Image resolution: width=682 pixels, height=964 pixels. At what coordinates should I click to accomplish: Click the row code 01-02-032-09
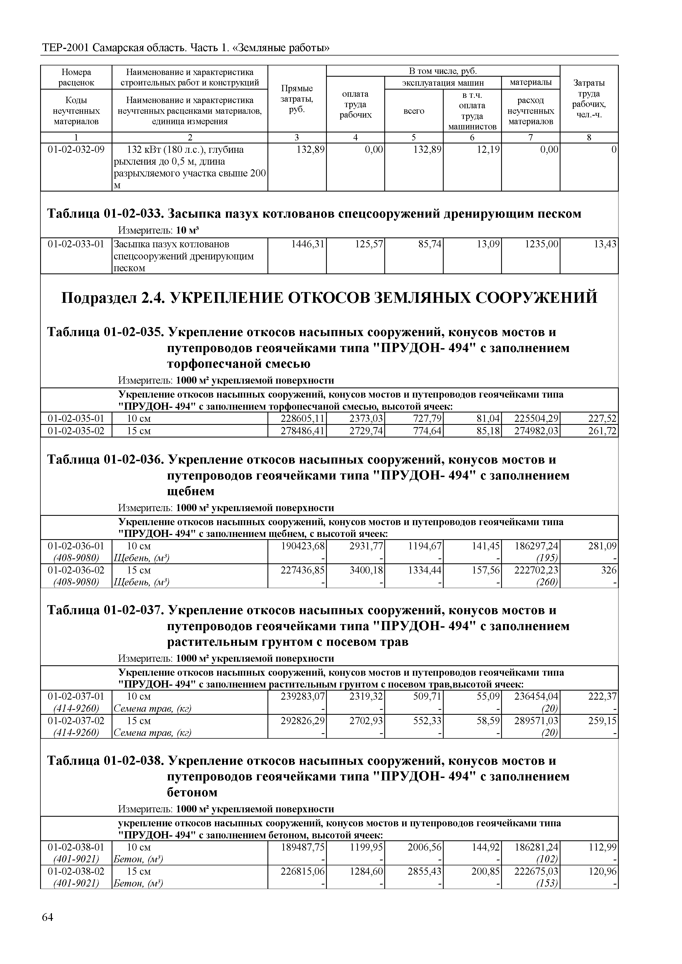[x=76, y=149]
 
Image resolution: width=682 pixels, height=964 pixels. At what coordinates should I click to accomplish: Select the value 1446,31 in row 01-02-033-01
[x=308, y=244]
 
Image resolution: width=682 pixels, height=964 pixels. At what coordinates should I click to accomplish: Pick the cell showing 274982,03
[x=537, y=431]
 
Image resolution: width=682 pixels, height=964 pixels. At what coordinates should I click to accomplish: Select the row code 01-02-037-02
[x=76, y=721]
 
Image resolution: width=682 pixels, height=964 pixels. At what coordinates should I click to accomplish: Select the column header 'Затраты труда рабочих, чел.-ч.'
[x=589, y=99]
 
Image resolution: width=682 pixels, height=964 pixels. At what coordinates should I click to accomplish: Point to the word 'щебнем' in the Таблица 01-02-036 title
[x=191, y=491]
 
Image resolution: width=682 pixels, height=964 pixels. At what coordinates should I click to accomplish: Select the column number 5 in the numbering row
[x=414, y=137]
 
